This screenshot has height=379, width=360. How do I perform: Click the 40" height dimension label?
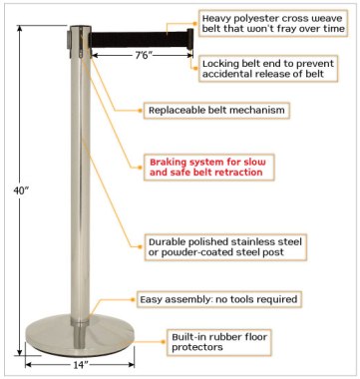pos(21,190)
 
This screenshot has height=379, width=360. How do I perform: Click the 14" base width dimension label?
pos(80,364)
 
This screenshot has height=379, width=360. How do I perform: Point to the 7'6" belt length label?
pos(144,55)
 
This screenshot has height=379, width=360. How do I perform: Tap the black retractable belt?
pos(139,39)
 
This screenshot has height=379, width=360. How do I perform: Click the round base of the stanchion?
pos(80,336)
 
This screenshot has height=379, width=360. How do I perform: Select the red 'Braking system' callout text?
pos(207,168)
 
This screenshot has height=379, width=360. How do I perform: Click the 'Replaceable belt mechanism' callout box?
pos(216,110)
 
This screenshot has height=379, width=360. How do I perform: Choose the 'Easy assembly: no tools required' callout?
pos(218,299)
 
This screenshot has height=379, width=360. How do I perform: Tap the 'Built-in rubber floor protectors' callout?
pos(219,342)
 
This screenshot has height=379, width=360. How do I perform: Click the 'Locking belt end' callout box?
pos(268,69)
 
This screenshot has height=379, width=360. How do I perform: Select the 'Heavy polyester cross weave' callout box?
pos(273,23)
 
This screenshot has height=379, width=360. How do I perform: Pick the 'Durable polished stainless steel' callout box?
pos(225,247)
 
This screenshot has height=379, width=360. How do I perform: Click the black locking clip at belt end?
pos(190,39)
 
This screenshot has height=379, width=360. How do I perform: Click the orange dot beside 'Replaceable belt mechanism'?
pos(141,110)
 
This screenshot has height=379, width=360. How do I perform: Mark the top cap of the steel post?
pos(80,28)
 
